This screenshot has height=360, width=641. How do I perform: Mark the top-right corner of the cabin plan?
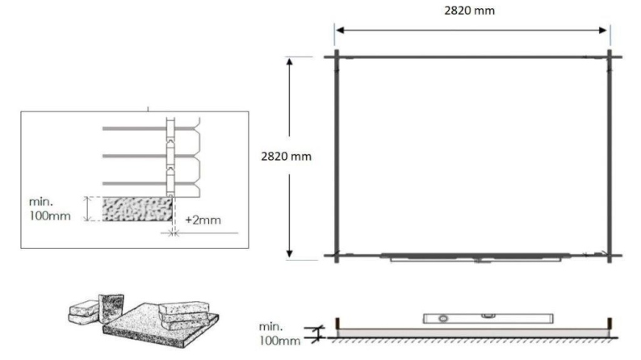pyautogui.click(x=610, y=57)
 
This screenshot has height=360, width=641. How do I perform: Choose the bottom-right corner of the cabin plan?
pyautogui.click(x=610, y=256)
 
